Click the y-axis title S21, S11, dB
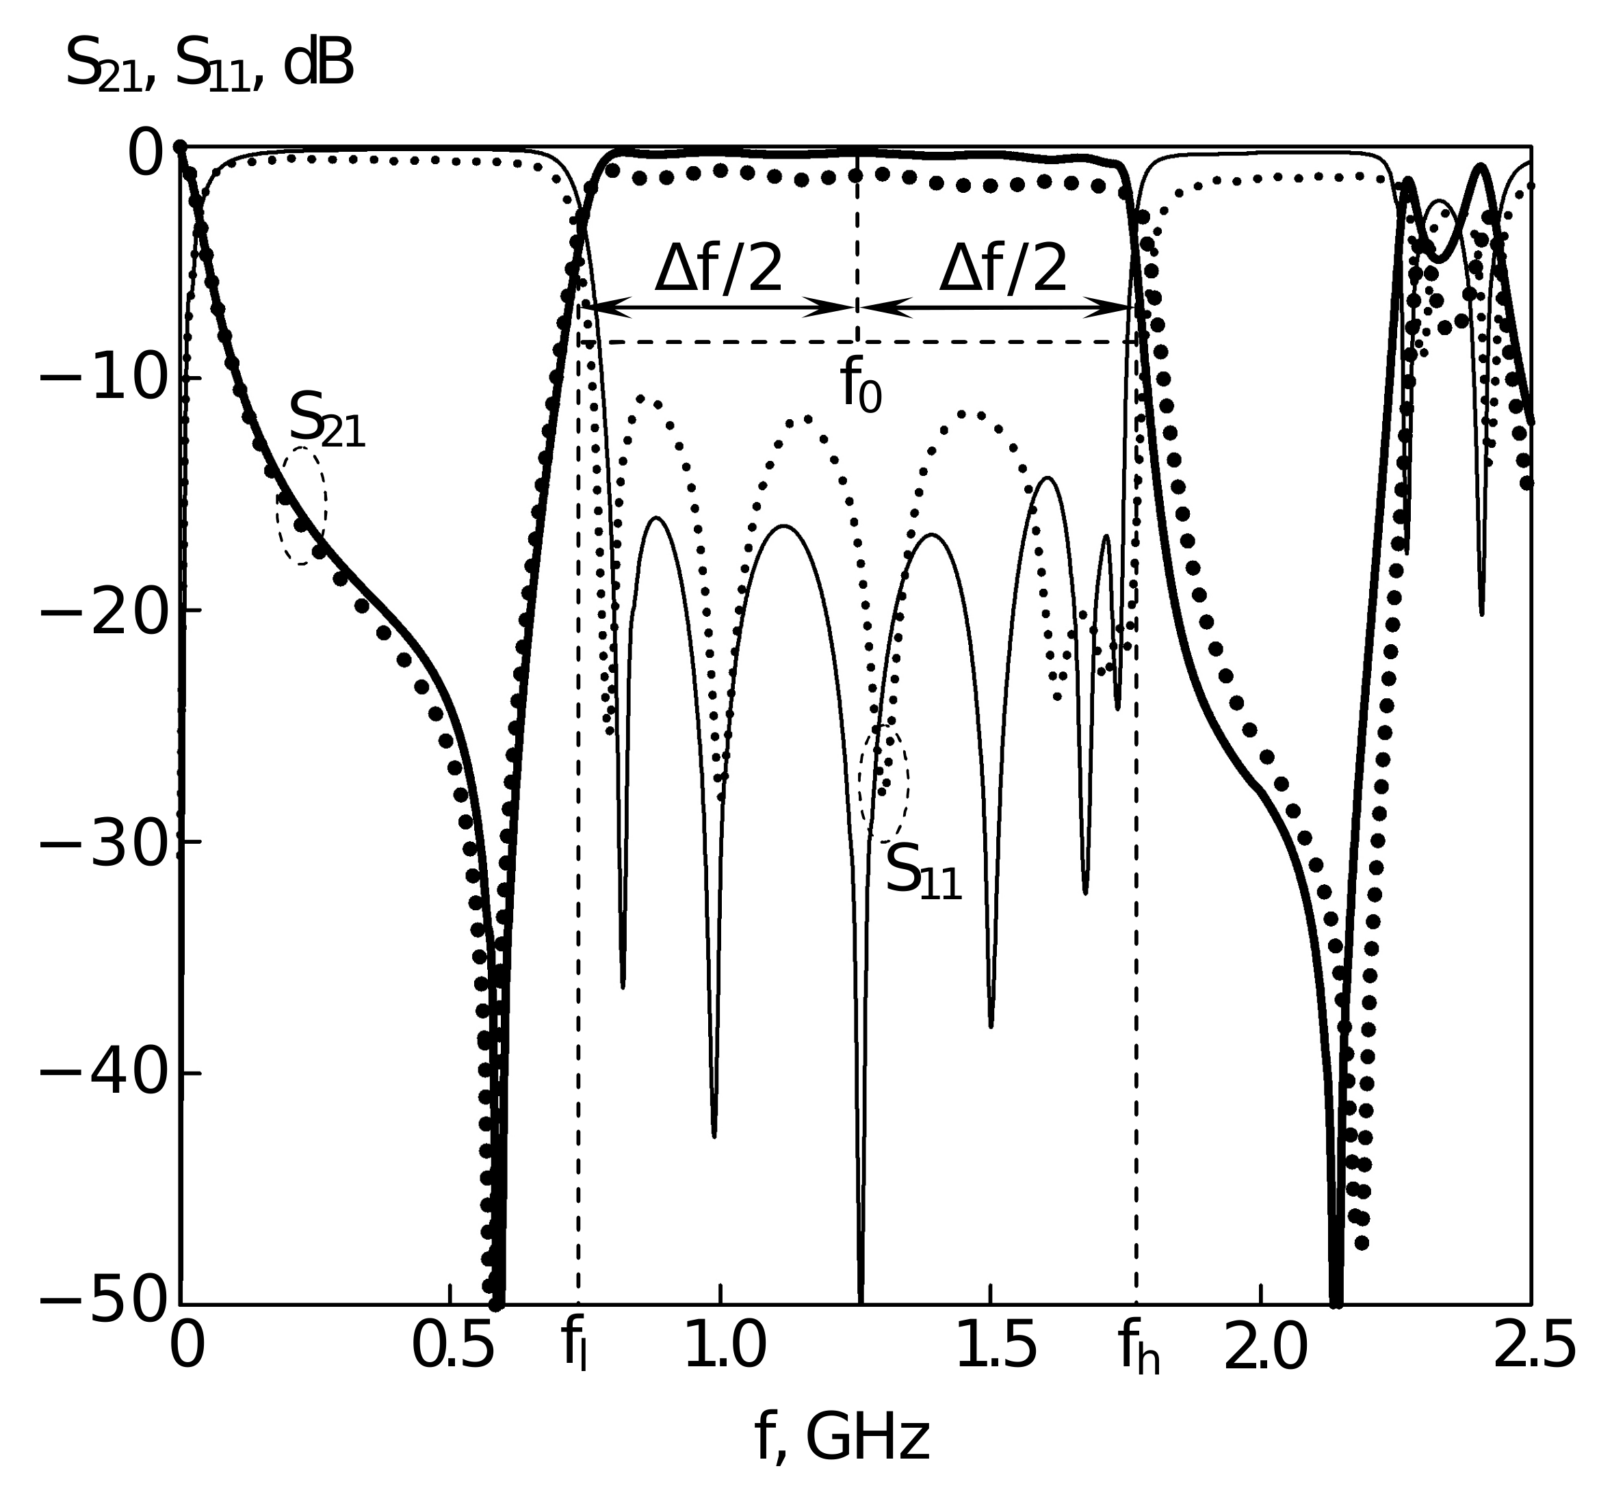pos(209,66)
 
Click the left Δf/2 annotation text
pos(718,269)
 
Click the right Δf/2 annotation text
pos(1003,269)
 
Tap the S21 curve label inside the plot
pos(326,421)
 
